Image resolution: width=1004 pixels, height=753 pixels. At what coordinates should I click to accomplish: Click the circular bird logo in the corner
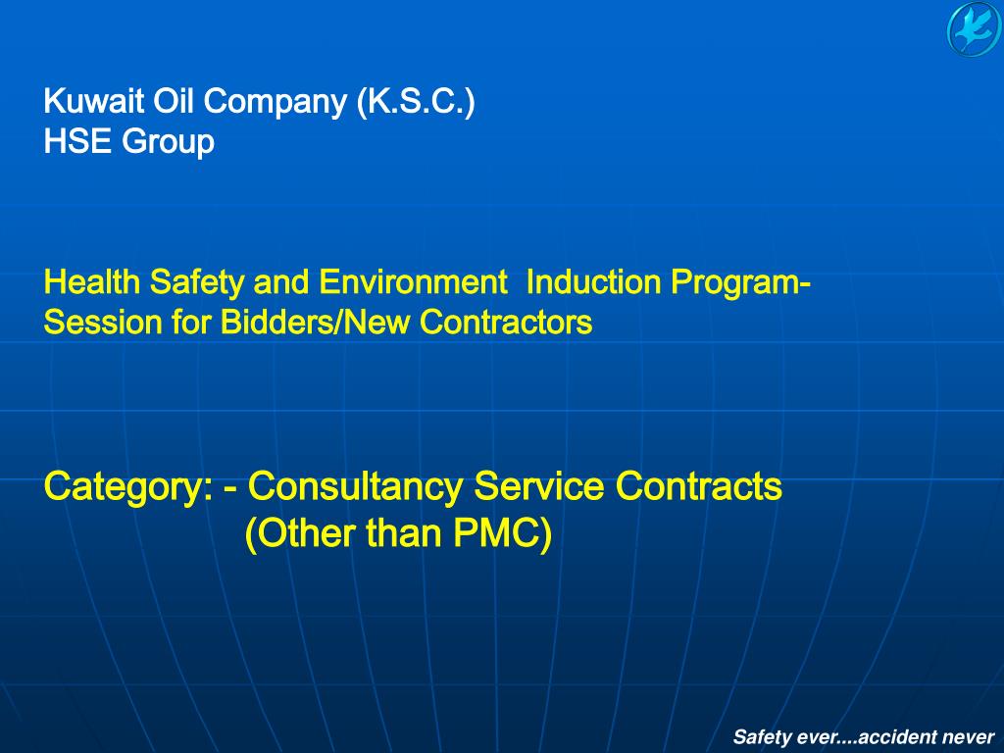(x=974, y=29)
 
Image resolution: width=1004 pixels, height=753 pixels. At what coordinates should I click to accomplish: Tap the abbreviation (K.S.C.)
(x=416, y=102)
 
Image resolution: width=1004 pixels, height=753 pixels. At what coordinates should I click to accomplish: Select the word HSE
(x=78, y=142)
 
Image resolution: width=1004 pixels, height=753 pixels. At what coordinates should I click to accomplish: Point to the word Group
(x=168, y=143)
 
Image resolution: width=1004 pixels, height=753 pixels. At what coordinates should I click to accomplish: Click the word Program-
(x=740, y=283)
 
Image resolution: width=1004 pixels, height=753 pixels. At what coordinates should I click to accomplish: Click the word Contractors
(x=507, y=322)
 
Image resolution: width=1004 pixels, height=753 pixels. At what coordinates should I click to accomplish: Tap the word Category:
(x=128, y=486)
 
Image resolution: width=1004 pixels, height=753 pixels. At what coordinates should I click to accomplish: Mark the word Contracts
(x=698, y=485)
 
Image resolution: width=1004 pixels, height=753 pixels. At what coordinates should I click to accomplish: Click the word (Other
(x=301, y=534)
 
